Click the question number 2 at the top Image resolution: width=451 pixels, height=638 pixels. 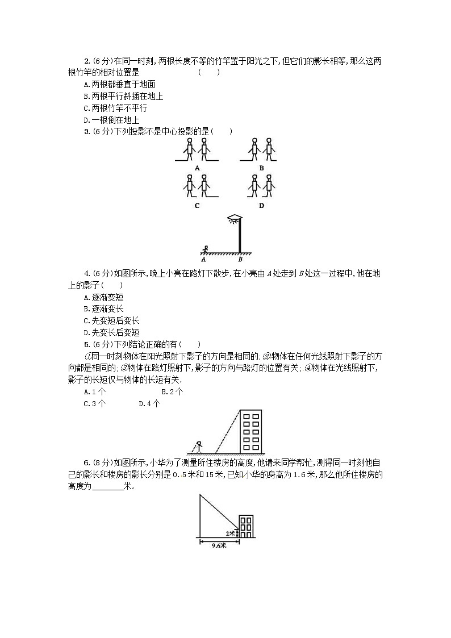(86, 61)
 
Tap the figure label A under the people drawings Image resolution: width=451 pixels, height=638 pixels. (197, 168)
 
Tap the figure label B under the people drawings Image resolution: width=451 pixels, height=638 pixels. (261, 168)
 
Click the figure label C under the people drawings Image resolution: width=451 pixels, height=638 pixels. (197, 206)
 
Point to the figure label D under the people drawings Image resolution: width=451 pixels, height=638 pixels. (261, 206)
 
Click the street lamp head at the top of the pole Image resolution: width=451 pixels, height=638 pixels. (234, 218)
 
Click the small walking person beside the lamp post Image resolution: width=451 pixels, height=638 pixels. (206, 248)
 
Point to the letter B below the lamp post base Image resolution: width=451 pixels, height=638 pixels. (240, 259)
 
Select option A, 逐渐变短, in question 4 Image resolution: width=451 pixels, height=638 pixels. (103, 297)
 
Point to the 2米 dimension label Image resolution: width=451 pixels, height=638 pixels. (230, 533)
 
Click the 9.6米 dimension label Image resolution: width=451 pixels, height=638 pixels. (219, 546)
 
